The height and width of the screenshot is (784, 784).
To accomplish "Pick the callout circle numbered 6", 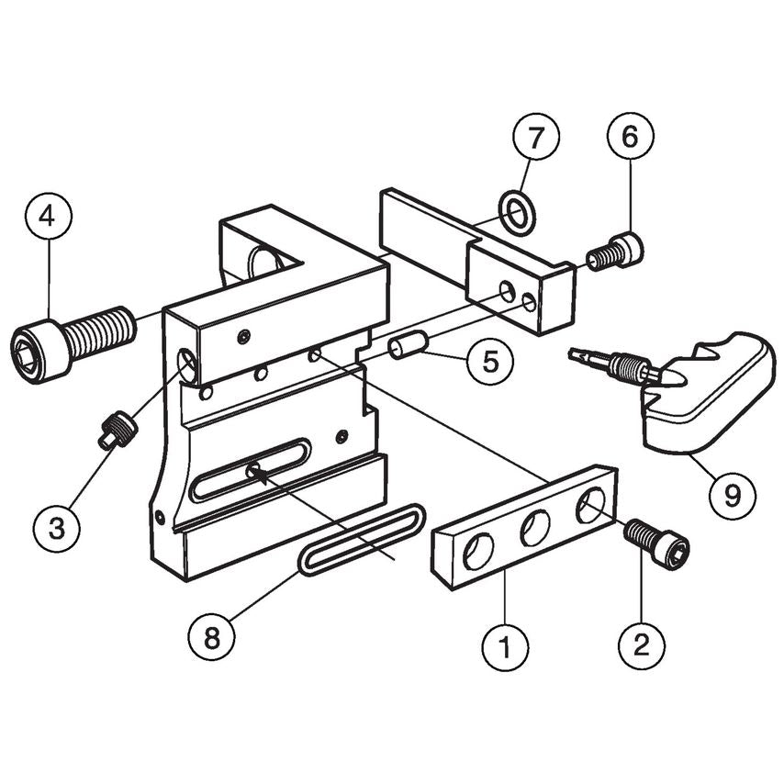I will pyautogui.click(x=630, y=140).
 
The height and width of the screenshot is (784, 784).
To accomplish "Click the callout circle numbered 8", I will pyautogui.click(x=212, y=637).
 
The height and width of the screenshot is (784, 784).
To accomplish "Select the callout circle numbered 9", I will pyautogui.click(x=732, y=497).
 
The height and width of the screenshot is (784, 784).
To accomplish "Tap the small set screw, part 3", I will pyautogui.click(x=118, y=430).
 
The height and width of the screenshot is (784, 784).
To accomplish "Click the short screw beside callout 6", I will pyautogui.click(x=615, y=251).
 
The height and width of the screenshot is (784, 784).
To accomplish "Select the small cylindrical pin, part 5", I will pyautogui.click(x=407, y=349).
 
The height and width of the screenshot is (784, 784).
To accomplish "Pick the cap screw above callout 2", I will pyautogui.click(x=655, y=543).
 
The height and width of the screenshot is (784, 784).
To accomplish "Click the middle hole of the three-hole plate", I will pyautogui.click(x=535, y=529).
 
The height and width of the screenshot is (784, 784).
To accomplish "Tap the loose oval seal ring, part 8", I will pyautogui.click(x=361, y=539).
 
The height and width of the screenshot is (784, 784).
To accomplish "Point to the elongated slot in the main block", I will pyautogui.click(x=251, y=469).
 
